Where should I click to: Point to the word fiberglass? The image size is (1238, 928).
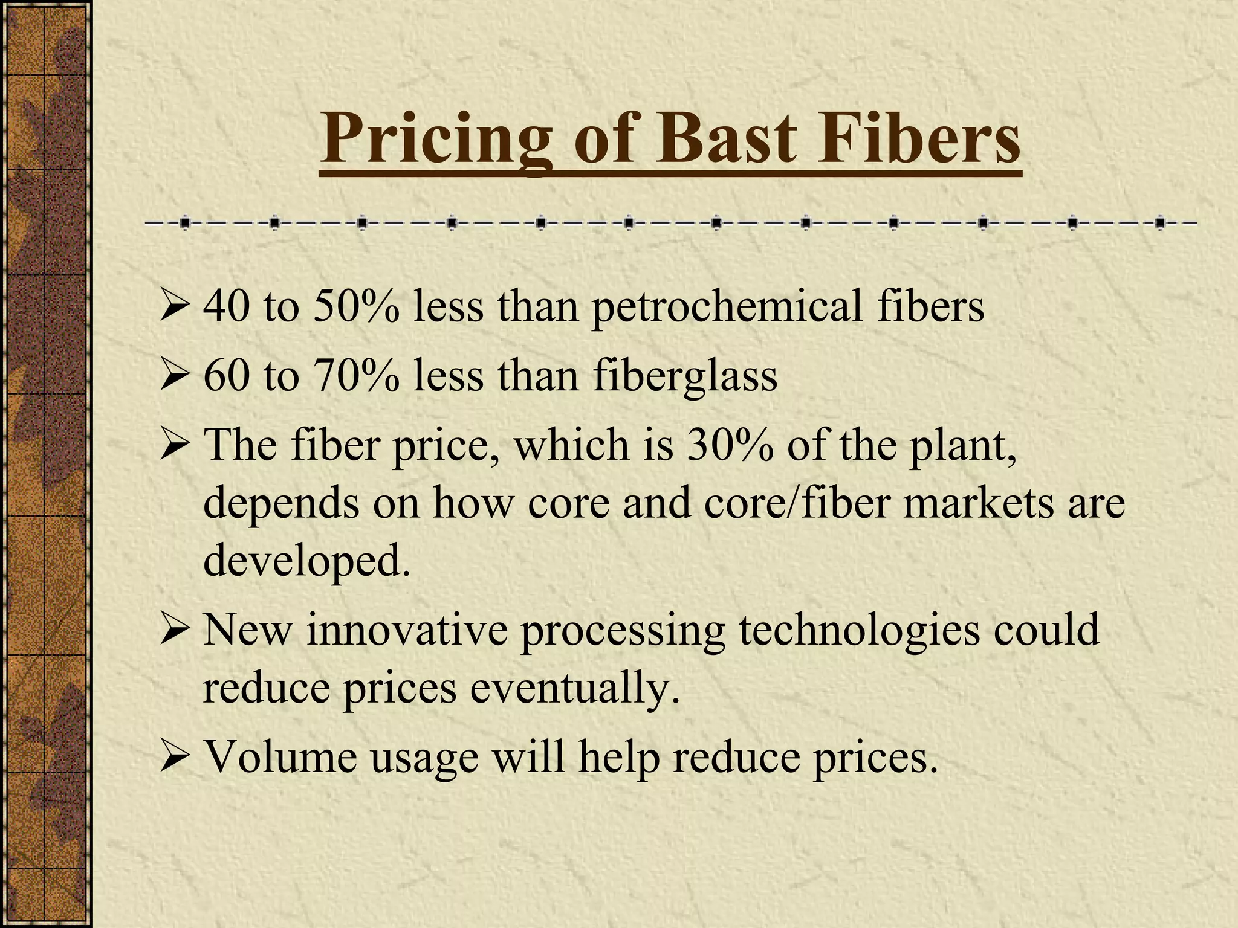tap(684, 376)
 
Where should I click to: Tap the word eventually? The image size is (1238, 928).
tap(574, 689)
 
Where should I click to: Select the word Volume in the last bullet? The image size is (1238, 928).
tap(280, 756)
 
